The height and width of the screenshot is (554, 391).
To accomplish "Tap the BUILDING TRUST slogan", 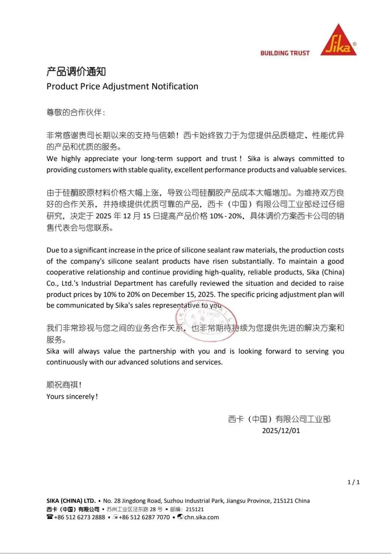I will [x=285, y=53].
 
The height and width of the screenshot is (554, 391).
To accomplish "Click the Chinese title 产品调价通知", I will [x=76, y=71].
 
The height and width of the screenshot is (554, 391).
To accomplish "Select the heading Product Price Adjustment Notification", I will [x=122, y=86].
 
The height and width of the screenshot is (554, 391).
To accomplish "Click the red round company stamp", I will [x=206, y=321].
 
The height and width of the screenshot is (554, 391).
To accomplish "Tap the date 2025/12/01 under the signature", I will [x=281, y=431].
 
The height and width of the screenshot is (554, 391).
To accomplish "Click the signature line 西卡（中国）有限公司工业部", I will [x=279, y=419].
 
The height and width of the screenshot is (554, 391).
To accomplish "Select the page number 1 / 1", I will [x=353, y=482].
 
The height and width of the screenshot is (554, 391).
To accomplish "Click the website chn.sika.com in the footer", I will [x=201, y=517].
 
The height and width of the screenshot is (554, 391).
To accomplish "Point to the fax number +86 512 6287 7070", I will [x=144, y=517].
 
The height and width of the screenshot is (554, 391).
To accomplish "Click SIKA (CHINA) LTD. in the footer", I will [x=71, y=501].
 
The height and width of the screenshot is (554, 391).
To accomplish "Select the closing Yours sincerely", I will [x=72, y=397].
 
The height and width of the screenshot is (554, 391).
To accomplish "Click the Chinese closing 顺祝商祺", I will [x=63, y=385].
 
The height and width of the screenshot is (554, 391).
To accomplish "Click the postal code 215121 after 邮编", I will [x=195, y=509].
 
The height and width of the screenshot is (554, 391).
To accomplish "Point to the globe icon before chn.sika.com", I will [x=180, y=517].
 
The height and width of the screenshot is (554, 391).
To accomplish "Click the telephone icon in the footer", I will [x=50, y=517].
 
